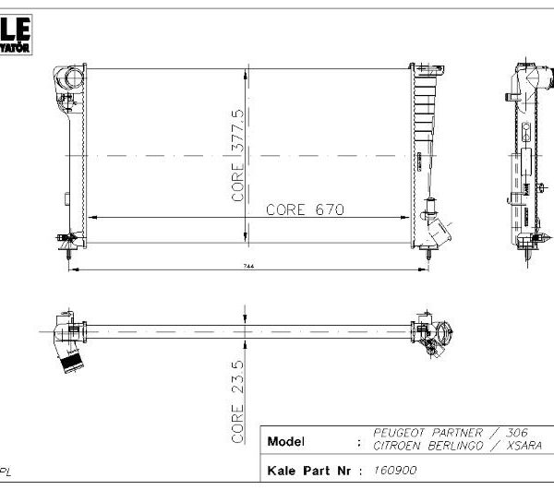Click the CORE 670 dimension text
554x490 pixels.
pos(305,209)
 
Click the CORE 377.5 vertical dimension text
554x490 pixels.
pos(237,154)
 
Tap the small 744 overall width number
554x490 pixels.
pos(249,265)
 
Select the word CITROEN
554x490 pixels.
pos(399,446)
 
